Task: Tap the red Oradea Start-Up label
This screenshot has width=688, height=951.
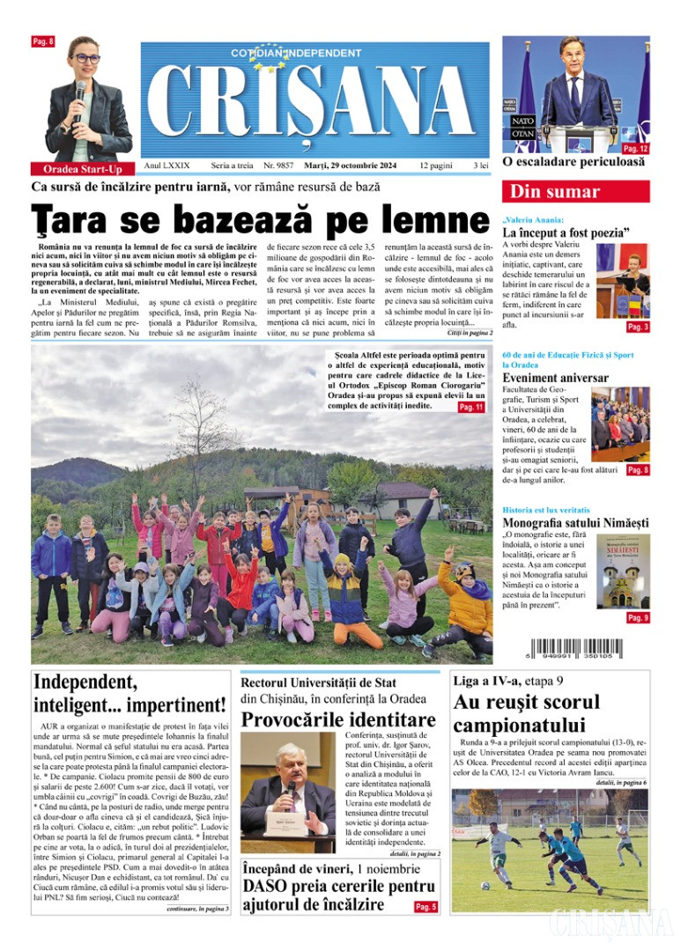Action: tap(83, 168)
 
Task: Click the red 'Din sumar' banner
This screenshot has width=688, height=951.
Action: tap(576, 191)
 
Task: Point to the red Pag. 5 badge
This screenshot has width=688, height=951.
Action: tap(425, 906)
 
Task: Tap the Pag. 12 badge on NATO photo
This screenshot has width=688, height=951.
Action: tap(635, 149)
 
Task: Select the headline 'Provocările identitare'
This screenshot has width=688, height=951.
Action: tap(338, 719)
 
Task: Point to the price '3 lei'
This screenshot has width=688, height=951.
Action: tap(481, 166)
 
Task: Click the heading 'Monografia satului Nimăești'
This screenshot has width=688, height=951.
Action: tap(573, 523)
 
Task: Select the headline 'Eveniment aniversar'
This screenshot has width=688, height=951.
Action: tap(555, 378)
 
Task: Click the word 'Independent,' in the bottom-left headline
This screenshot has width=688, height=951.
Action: tap(85, 682)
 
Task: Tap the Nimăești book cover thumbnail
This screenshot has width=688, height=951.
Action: tap(625, 570)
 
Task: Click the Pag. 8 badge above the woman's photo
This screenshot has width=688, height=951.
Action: tap(42, 41)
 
